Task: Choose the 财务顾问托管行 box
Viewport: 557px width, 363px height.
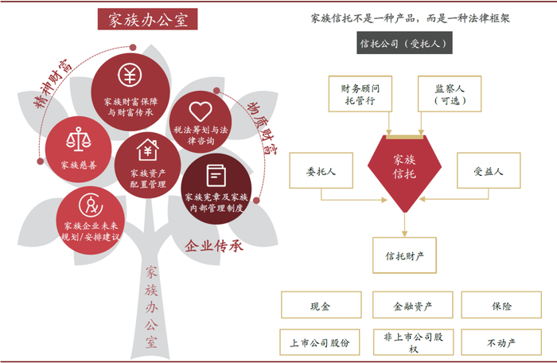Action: [x=357, y=95]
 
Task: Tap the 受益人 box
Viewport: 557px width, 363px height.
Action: [x=489, y=171]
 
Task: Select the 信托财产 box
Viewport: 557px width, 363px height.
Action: [x=405, y=256]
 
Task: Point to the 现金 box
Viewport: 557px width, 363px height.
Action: [x=320, y=306]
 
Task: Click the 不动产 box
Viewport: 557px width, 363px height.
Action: [x=501, y=342]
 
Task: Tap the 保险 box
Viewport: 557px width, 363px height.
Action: [x=501, y=306]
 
